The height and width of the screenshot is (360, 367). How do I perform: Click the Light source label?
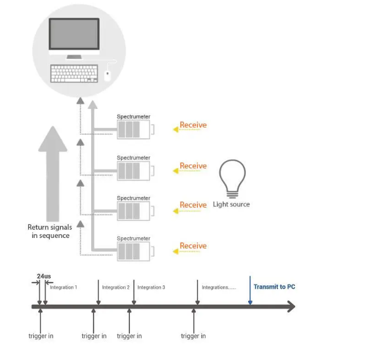coord(231,204)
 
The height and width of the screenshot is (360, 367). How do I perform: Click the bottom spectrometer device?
coord(133,252)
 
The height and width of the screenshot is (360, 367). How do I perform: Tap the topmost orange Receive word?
coord(193,125)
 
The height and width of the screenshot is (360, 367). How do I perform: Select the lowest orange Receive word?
coord(193,246)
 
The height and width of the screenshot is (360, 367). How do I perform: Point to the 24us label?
coord(44,276)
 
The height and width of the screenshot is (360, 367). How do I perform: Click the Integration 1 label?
coord(64,287)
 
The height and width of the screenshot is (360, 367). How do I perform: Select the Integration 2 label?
coord(116,287)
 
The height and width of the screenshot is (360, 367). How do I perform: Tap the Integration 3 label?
coord(151,287)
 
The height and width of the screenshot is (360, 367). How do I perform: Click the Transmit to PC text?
coord(274,287)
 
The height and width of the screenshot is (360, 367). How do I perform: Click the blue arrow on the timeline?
coord(250,290)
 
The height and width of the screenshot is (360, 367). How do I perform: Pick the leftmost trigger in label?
coord(41,336)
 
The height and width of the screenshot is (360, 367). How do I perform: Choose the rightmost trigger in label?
coord(193,336)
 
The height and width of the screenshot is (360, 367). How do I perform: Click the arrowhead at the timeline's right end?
coord(291,307)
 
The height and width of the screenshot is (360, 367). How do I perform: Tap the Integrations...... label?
coord(218,287)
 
